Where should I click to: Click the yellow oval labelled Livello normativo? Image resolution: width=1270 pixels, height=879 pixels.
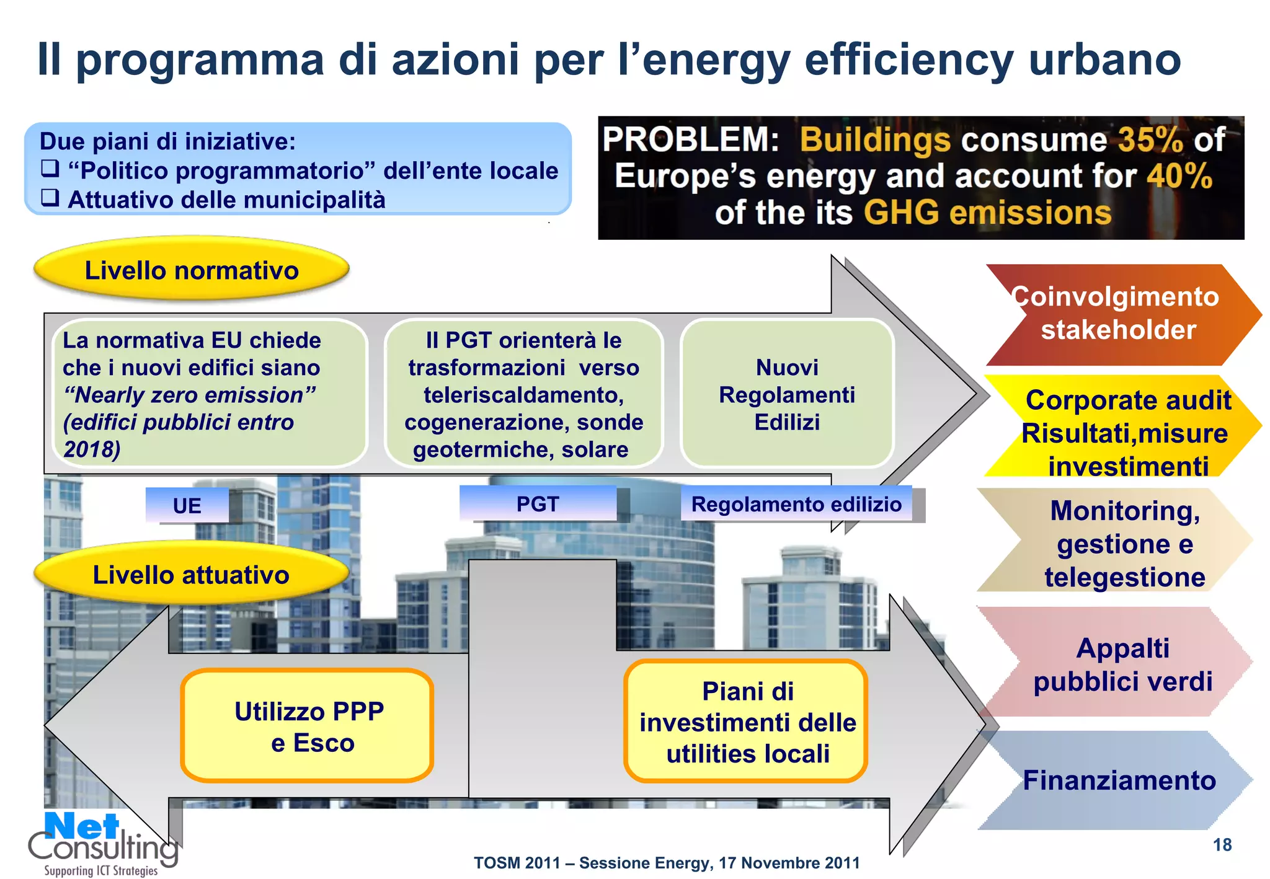192,270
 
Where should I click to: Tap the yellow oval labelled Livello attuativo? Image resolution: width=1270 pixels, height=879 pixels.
191,575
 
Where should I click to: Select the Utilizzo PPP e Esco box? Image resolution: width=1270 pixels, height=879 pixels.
308,726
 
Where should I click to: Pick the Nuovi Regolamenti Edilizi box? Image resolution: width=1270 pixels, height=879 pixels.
787,394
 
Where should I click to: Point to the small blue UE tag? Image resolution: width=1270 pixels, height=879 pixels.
187,506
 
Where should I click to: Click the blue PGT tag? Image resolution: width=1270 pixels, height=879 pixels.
538,504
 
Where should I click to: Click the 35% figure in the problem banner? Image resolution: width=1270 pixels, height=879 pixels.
1150,140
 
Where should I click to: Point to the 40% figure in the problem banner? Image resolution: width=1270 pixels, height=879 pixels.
1179,176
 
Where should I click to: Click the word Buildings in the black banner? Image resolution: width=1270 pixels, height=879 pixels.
874,140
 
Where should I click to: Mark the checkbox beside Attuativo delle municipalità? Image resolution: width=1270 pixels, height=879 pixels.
50,198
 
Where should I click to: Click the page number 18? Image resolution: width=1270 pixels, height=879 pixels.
1222,845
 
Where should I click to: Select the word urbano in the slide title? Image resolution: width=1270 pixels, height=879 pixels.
1104,60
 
